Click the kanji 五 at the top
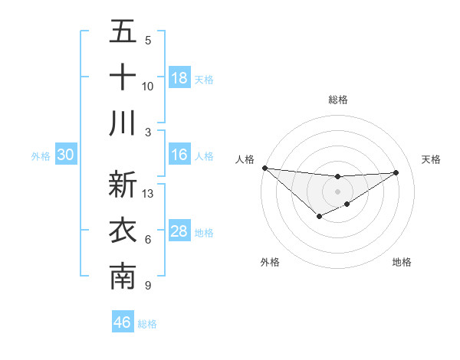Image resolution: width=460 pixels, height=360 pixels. click(123, 31)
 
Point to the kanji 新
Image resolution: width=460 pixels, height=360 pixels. click(123, 185)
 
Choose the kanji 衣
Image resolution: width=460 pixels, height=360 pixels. click(123, 231)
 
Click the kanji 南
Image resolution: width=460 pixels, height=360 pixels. click(123, 277)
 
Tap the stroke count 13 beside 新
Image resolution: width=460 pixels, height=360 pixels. click(148, 194)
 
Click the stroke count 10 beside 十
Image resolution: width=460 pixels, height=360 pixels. click(148, 86)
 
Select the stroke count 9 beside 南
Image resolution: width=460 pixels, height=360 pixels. click(147, 286)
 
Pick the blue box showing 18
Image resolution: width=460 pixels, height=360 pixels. click(179, 78)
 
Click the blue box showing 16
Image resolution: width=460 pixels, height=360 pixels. click(179, 155)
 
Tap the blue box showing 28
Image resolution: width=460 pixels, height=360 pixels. click(179, 231)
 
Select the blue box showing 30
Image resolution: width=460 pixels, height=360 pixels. click(65, 155)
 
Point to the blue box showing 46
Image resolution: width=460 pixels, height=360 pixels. click(123, 322)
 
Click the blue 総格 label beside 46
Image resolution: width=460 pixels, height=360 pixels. click(147, 324)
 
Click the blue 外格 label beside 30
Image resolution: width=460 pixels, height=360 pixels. click(41, 156)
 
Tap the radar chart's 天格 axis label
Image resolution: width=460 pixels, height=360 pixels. click(432, 159)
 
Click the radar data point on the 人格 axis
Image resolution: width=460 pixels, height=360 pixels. click(264, 168)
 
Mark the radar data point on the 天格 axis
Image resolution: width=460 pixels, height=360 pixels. click(396, 172)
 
